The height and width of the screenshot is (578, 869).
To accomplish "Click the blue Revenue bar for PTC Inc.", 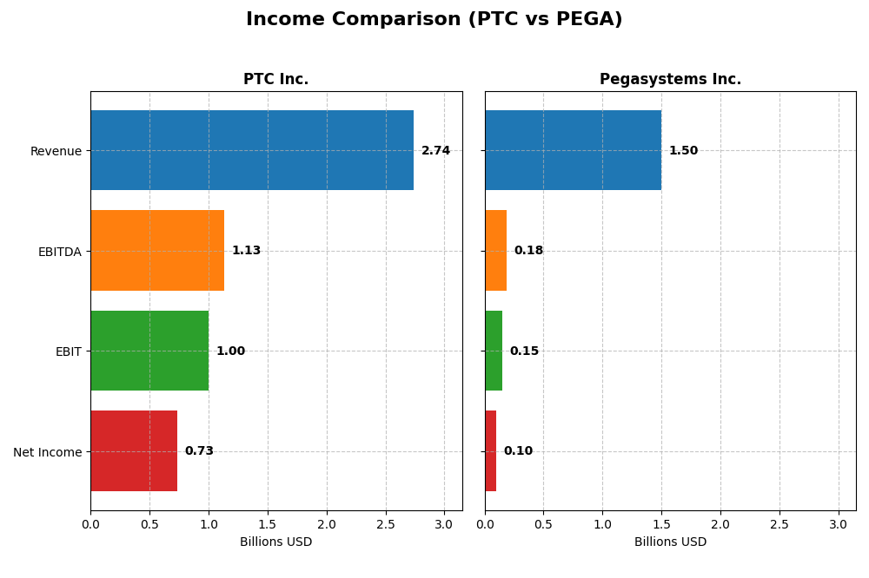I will pyautogui.click(x=252, y=150).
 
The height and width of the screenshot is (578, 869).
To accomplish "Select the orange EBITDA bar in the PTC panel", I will pyautogui.click(x=157, y=251).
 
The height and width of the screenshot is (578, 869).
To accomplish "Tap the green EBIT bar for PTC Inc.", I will pyautogui.click(x=149, y=351).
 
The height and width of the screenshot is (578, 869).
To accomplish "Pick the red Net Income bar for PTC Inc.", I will pyautogui.click(x=134, y=451).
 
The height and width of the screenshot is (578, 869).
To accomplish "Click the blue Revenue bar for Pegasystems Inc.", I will pyautogui.click(x=573, y=150).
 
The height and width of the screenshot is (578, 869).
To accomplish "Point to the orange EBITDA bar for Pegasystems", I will pyautogui.click(x=496, y=251).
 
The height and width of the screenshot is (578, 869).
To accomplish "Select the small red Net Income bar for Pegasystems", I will pyautogui.click(x=491, y=451).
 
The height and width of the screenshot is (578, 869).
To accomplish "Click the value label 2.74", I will pyautogui.click(x=435, y=151).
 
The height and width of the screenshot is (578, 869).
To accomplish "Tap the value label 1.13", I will pyautogui.click(x=246, y=251).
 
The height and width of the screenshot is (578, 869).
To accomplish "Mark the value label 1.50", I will pyautogui.click(x=683, y=151).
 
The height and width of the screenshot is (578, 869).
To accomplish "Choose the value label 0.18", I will pyautogui.click(x=528, y=251).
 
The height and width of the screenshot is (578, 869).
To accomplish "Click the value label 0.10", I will pyautogui.click(x=518, y=451).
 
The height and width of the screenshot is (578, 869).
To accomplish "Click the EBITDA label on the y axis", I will pyautogui.click(x=59, y=252).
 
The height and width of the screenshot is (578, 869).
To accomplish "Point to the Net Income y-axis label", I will pyautogui.click(x=47, y=452).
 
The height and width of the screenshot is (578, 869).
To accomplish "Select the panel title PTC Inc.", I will pyautogui.click(x=275, y=80).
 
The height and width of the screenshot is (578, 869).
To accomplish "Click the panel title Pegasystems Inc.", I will pyautogui.click(x=670, y=80).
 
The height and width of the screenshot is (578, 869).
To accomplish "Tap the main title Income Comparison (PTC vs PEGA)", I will pyautogui.click(x=434, y=20).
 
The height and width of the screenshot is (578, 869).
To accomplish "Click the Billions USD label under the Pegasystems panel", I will pyautogui.click(x=670, y=542).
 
